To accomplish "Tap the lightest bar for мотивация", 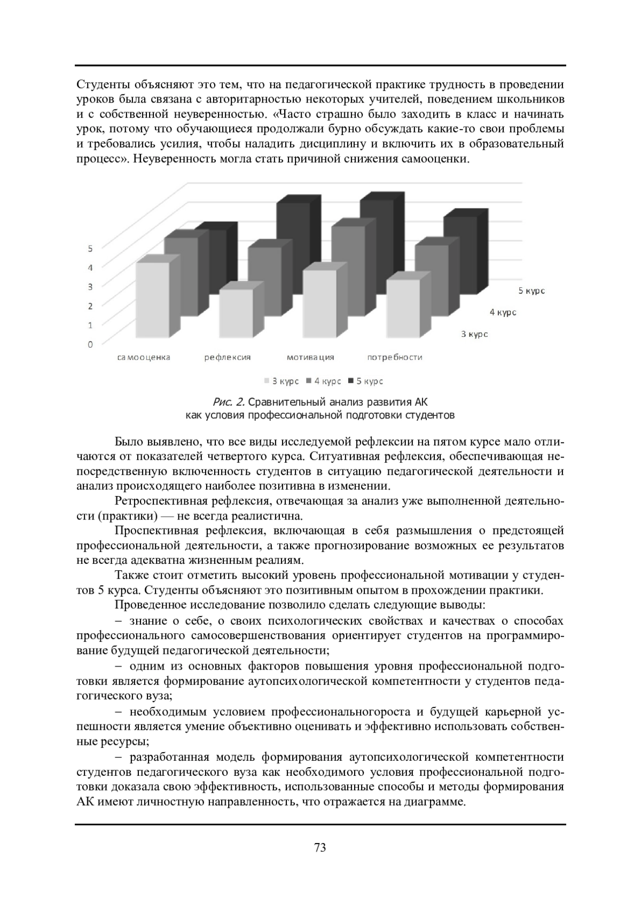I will pyautogui.click(x=319, y=304).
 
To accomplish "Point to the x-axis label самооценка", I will pyautogui.click(x=144, y=357).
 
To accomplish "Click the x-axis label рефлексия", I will pyautogui.click(x=228, y=357).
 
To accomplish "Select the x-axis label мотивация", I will pyautogui.click(x=310, y=357).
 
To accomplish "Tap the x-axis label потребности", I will pyautogui.click(x=395, y=357).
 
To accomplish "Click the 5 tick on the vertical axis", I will pyautogui.click(x=90, y=248).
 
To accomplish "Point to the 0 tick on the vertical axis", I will pyautogui.click(x=90, y=344).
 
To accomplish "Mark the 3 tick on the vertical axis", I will pyautogui.click(x=90, y=287).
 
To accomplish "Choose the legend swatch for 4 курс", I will pyautogui.click(x=309, y=381).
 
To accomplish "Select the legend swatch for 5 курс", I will pyautogui.click(x=351, y=381).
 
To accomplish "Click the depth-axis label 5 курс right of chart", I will pyautogui.click(x=531, y=291).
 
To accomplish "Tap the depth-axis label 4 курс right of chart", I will pyautogui.click(x=503, y=312).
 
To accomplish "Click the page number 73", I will pyautogui.click(x=320, y=847).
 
